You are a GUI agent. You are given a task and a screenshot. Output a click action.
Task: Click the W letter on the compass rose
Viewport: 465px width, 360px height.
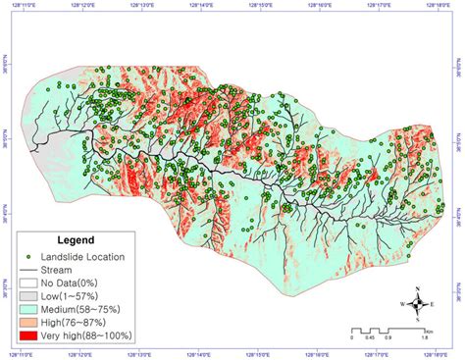(400, 305)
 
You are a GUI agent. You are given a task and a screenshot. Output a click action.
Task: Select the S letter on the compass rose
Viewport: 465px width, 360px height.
(418, 322)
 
